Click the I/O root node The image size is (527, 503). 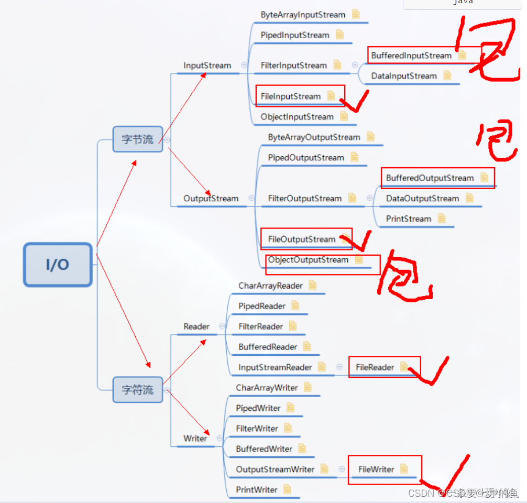[x=58, y=265]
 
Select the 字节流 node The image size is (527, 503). [x=138, y=139]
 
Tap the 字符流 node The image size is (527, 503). [x=138, y=390]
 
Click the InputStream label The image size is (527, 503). [x=207, y=65]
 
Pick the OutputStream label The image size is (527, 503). [x=211, y=199]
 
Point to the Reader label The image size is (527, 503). [x=196, y=326]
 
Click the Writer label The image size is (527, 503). [x=195, y=439]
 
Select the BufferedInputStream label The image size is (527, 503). [x=411, y=56]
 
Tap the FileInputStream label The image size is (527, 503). [x=291, y=96]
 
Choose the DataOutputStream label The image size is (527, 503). [x=422, y=199]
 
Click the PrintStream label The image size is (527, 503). [x=409, y=219]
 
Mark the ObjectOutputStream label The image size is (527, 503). [x=308, y=260]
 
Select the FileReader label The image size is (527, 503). [x=375, y=367]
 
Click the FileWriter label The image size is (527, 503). [x=376, y=469]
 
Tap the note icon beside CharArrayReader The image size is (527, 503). [x=313, y=286]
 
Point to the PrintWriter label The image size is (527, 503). [x=257, y=490]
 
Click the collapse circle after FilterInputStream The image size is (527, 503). [x=355, y=65]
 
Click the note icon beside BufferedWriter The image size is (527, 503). [x=302, y=449]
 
